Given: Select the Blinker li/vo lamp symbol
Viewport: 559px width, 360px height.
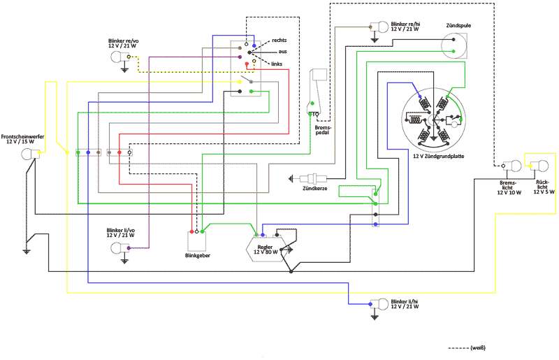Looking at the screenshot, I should (119, 247).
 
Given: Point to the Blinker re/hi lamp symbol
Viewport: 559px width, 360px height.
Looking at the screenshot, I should (382, 28).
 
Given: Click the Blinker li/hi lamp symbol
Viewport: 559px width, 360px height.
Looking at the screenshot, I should (382, 305).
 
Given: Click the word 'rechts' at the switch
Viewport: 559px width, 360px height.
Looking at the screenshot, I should (279, 40).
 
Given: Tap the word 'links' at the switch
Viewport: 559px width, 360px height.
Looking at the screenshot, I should (277, 64).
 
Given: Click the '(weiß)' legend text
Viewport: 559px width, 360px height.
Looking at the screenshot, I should (479, 347).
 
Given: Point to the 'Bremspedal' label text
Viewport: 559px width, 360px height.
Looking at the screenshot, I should (322, 129).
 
